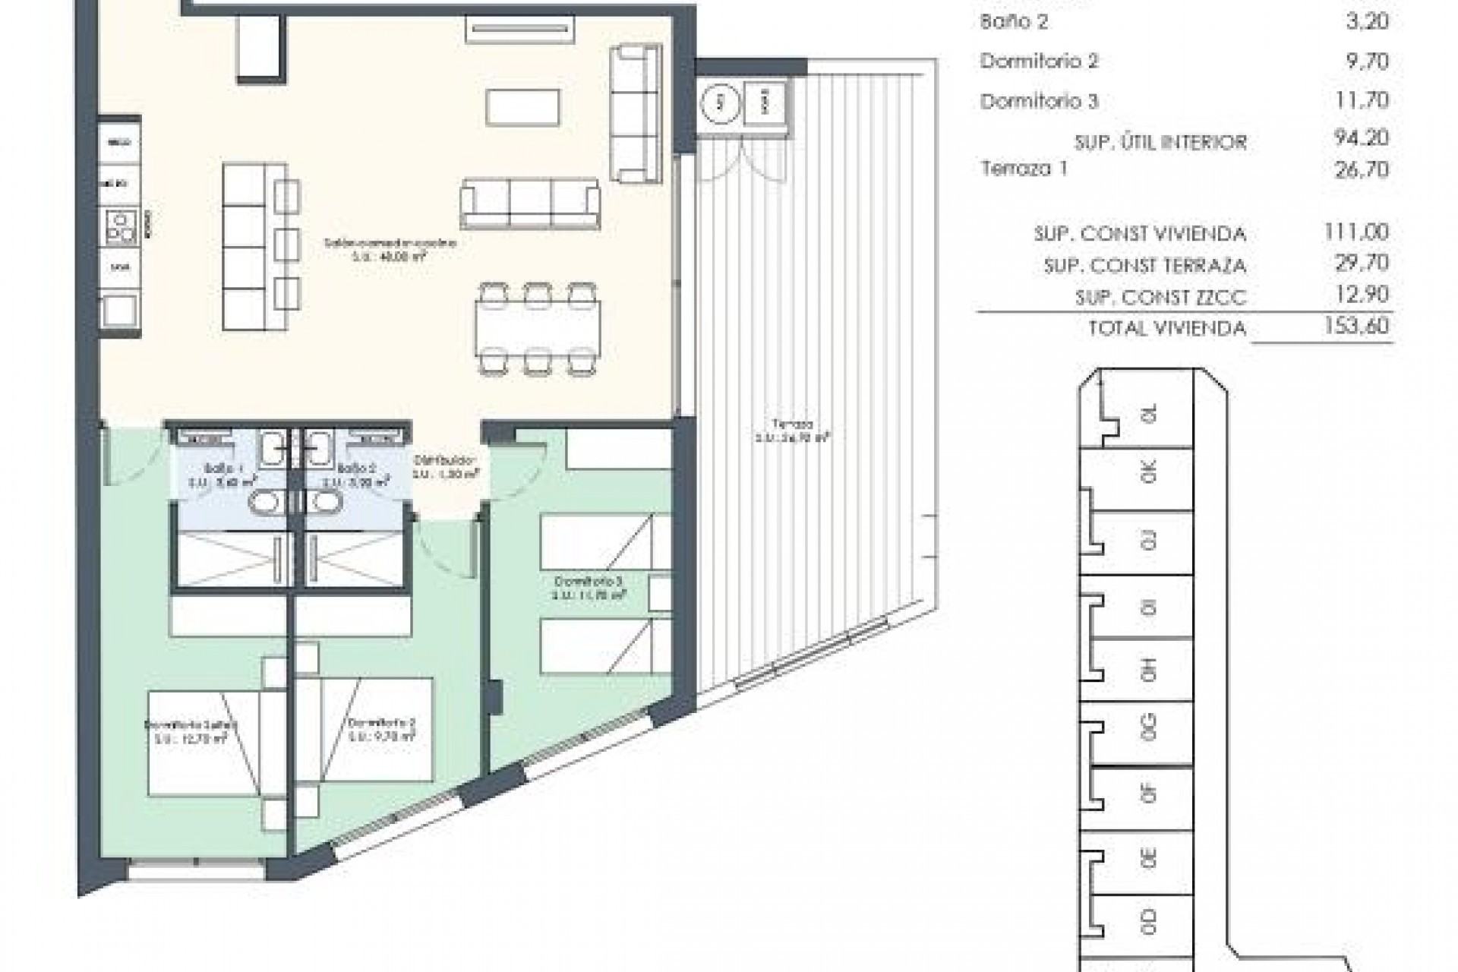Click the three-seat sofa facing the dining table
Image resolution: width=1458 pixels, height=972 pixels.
point(530,203)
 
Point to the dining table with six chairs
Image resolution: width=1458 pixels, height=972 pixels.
point(538,329)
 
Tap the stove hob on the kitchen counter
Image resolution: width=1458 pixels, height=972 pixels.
point(121,225)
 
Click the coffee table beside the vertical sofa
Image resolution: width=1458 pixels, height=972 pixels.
point(524,107)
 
